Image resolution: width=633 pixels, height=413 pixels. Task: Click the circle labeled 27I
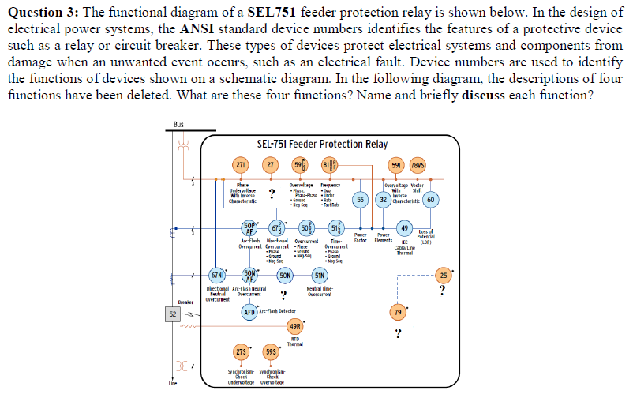tap(241, 165)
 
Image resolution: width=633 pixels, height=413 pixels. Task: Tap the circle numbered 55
tap(361, 200)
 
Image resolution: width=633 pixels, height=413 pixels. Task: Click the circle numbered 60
tap(430, 200)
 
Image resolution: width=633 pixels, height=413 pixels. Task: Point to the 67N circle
tap(215, 275)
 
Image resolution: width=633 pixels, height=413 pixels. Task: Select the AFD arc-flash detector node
tap(249, 312)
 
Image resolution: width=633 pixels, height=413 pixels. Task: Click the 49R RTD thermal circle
tap(294, 327)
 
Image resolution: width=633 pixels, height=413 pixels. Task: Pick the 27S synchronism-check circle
tap(241, 351)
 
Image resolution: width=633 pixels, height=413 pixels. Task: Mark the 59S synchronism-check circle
tap(270, 351)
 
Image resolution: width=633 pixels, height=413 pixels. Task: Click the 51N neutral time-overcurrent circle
tap(319, 275)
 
